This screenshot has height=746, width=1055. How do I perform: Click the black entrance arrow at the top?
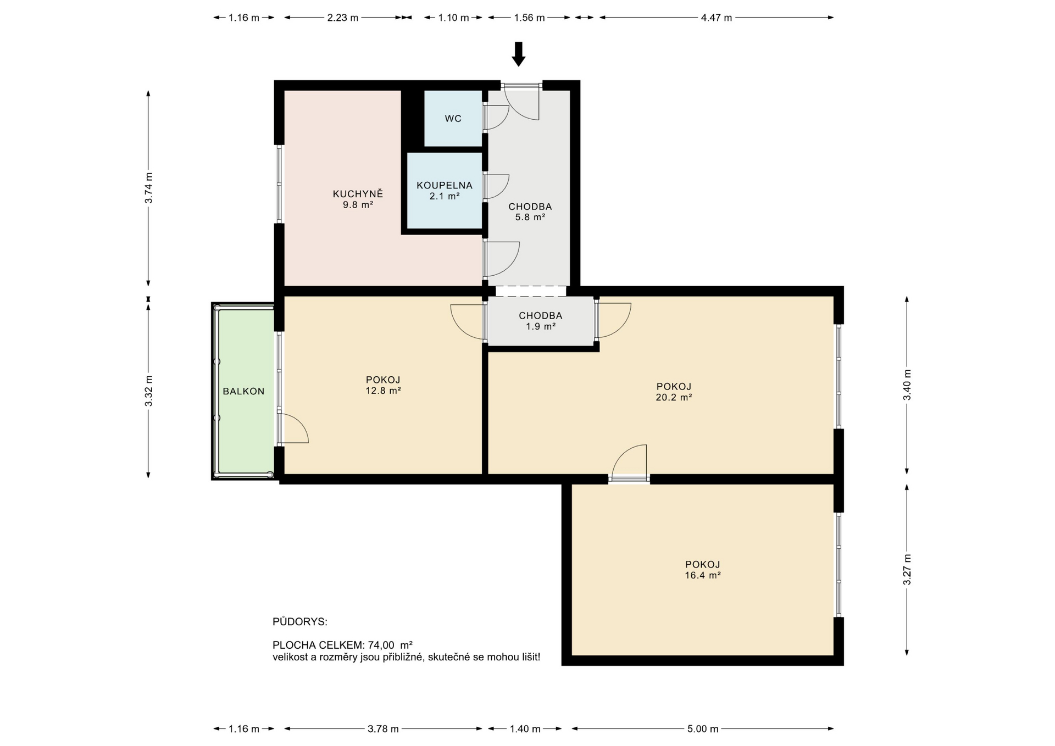coord(518,54)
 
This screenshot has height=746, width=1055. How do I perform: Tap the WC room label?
coord(453,119)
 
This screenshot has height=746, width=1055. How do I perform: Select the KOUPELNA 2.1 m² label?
coord(444,191)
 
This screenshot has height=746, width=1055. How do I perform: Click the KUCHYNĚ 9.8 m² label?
coord(358,199)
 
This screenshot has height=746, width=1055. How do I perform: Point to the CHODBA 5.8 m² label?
coord(530,211)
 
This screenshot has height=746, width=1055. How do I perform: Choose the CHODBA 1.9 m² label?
coord(540,321)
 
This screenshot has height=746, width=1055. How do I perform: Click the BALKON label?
coord(243,391)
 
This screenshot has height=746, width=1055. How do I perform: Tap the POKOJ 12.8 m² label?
coord(383,385)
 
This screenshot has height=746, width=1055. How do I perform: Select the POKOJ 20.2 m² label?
coord(674,392)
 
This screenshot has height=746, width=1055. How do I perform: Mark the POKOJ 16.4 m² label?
coord(702,570)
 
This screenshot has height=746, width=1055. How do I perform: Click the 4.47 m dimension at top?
coord(716,18)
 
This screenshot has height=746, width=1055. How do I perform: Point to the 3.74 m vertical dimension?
coord(148,188)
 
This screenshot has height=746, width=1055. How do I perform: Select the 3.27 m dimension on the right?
coord(907,569)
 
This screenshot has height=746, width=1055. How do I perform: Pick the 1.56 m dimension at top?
coord(529,18)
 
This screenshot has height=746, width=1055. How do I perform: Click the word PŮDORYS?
coord(299,622)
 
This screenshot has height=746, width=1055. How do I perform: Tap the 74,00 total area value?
coord(381,645)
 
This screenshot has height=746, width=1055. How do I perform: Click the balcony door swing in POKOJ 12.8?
coord(293,429)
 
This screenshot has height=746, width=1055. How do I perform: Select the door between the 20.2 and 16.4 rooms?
coord(630,464)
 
